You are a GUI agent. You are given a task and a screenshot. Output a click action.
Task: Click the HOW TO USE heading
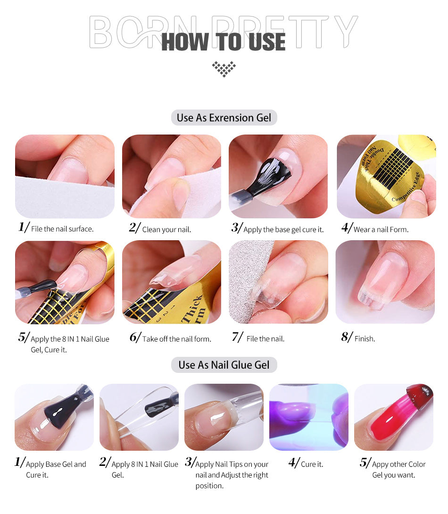pos(224,42)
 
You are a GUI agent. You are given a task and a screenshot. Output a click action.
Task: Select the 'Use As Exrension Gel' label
pos(224,118)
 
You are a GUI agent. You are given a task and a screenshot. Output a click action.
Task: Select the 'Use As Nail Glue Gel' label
pos(224,365)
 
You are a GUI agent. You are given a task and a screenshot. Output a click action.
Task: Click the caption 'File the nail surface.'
pos(62,229)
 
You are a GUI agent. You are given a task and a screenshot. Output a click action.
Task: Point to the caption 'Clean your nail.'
pos(166,229)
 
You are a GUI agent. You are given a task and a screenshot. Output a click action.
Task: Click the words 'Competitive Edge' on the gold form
pos(406,187)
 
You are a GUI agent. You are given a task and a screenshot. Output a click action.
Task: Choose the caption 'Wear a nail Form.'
pos(381,229)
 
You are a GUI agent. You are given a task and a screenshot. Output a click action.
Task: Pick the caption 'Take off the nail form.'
pos(176,339)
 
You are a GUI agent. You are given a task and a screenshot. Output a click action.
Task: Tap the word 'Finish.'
pos(365,338)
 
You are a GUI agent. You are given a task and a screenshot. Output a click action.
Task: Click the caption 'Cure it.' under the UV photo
pos(312,464)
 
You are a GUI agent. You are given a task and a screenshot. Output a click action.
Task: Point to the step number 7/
pos(237,337)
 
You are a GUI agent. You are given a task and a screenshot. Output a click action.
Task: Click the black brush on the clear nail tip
pos(160,406)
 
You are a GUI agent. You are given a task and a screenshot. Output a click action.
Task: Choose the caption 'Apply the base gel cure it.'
pos(283,229)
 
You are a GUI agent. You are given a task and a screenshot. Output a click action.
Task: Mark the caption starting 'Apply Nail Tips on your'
pos(232,475)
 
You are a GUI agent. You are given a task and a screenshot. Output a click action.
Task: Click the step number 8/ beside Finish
pos(347,337)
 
